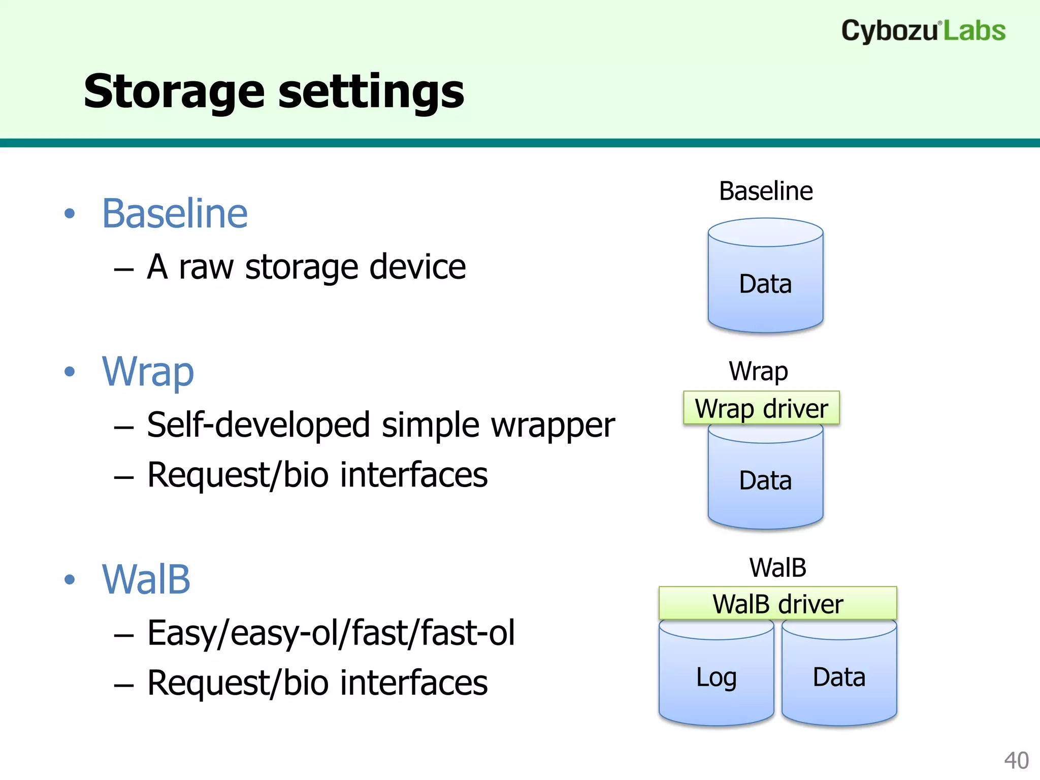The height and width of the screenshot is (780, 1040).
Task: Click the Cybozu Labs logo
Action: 923,30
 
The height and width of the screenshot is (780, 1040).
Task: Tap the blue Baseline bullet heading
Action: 175,213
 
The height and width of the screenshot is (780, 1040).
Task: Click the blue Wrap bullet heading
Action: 148,372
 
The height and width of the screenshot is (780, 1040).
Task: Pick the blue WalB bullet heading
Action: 146,579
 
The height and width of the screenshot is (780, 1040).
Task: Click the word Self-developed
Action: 258,425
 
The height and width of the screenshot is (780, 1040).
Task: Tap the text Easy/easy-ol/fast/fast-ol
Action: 331,633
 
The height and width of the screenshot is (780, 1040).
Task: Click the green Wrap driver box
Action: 761,408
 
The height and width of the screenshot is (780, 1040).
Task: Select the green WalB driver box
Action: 777,604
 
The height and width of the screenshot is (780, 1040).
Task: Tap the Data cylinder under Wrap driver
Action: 765,480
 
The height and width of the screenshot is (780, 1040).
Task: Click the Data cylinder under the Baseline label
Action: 765,283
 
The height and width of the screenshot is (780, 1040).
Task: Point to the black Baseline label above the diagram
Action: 766,191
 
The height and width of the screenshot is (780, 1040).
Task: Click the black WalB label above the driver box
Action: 777,568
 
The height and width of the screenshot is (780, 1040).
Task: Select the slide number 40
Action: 1016,760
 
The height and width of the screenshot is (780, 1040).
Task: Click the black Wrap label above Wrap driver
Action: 759,371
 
